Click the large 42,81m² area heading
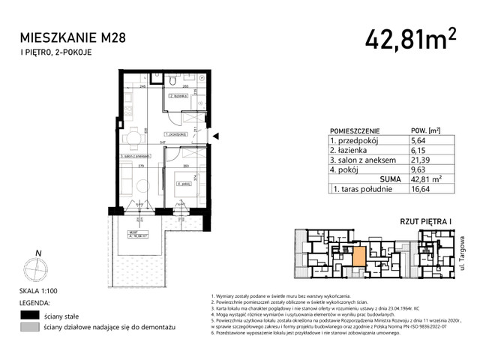(410, 38)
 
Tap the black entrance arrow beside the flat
(216, 136)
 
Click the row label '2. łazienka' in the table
(347, 150)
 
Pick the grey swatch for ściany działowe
(30, 328)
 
